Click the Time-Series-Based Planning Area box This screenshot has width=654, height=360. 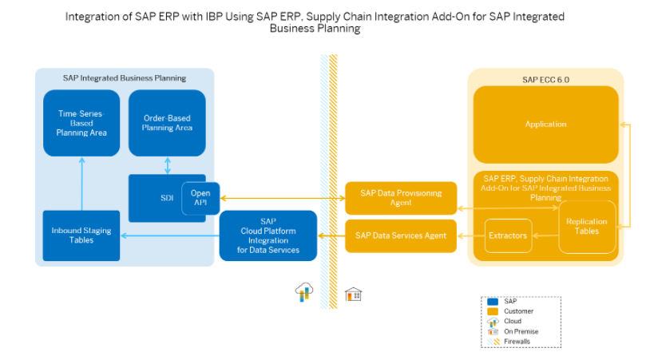81,123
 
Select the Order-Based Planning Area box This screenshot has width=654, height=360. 167,123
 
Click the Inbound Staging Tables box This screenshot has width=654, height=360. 81,235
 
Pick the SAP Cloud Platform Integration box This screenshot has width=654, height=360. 268,235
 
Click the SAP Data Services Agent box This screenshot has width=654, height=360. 400,235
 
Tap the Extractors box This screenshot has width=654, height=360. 508,235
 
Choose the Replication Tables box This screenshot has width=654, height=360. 587,227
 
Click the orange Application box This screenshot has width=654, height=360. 545,125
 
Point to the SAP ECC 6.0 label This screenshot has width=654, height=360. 545,78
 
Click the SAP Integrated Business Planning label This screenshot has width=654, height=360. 125,78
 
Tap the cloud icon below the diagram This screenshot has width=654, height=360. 303,292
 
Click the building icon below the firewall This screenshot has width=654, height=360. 353,295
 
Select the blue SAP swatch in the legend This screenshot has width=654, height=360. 492,301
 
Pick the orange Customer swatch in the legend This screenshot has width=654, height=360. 492,311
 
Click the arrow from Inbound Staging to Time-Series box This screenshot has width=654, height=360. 81,184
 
